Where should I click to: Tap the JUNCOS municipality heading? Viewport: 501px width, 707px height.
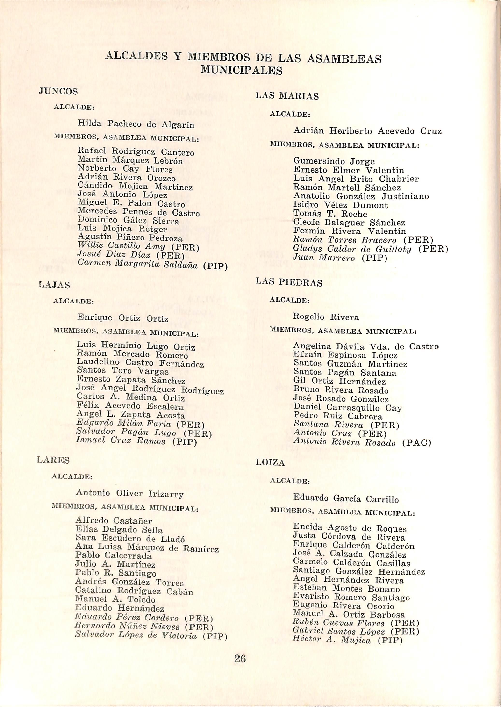(x=58, y=91)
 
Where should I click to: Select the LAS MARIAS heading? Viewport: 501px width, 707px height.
(x=287, y=96)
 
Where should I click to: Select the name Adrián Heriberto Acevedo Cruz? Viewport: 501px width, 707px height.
(x=367, y=131)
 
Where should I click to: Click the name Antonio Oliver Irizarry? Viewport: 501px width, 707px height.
(x=129, y=493)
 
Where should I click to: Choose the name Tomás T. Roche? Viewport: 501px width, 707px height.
(x=330, y=214)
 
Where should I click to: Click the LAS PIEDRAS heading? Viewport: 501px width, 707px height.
(x=289, y=283)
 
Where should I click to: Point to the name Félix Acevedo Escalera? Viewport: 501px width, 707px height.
(x=130, y=406)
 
